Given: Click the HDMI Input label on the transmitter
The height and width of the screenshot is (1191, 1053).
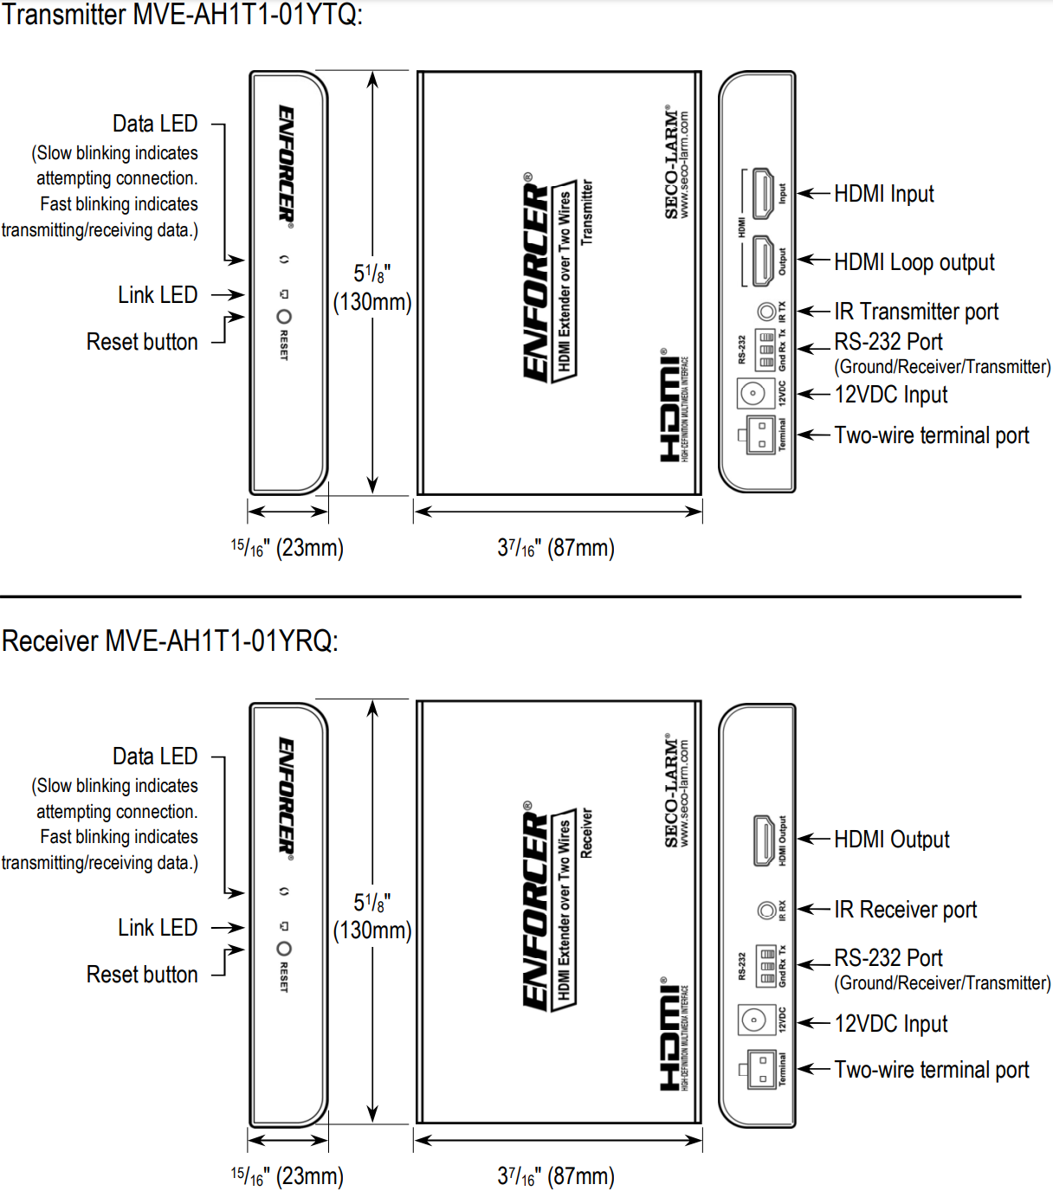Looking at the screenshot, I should (883, 194).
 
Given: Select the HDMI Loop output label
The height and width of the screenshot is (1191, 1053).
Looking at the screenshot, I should (914, 262).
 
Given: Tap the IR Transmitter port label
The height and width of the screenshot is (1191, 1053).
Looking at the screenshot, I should (915, 312).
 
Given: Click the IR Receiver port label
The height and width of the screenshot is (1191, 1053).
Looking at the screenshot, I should (905, 910).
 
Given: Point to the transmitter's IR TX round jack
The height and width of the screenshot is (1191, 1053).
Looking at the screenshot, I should (766, 311).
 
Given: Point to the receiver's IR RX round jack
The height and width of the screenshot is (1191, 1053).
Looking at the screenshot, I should (766, 910).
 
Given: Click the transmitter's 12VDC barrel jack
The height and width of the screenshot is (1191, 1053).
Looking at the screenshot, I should (753, 394).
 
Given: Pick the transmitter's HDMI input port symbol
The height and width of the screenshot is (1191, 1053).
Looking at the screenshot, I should (762, 194).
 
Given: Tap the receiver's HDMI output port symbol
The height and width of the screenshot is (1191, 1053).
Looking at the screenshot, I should (763, 840).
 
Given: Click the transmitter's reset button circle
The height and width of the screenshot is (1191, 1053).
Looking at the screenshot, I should (284, 317).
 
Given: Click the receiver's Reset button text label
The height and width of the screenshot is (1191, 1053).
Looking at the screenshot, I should (142, 975).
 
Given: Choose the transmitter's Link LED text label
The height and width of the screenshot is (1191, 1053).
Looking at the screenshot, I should (158, 295).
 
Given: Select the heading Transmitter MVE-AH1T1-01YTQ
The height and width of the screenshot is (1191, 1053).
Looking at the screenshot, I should (182, 15).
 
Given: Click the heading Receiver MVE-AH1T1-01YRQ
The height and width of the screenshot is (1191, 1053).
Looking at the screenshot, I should (170, 641).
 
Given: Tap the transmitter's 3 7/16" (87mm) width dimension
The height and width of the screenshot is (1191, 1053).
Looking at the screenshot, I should (556, 548).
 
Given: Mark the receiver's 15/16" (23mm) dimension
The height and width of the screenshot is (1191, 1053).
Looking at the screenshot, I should (287, 1176).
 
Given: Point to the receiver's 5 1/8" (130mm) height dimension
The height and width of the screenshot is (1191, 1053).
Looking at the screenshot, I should (372, 917).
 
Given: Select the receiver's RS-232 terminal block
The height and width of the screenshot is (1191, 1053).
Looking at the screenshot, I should (766, 965).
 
